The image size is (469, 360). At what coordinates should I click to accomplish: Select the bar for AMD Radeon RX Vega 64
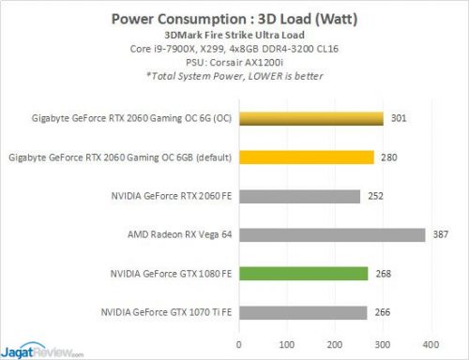(332, 234)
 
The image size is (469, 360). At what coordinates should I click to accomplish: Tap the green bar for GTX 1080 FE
(304, 274)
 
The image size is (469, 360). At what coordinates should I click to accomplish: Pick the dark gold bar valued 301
(311, 118)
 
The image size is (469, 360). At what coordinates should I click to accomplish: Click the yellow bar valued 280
(307, 157)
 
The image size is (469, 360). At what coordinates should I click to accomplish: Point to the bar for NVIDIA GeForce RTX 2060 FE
(300, 196)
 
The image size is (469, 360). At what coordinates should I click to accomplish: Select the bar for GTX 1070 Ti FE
(303, 312)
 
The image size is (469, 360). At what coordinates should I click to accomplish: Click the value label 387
(441, 234)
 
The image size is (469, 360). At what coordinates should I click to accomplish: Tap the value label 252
(376, 196)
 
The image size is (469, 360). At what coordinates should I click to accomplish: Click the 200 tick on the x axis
(336, 343)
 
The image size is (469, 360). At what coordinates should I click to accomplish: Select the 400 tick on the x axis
(431, 343)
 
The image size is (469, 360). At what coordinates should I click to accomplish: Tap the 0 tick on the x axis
(239, 343)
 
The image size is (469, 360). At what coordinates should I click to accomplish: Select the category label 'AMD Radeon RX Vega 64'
(181, 234)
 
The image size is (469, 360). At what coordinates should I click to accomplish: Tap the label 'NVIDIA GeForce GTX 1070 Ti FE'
(165, 312)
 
